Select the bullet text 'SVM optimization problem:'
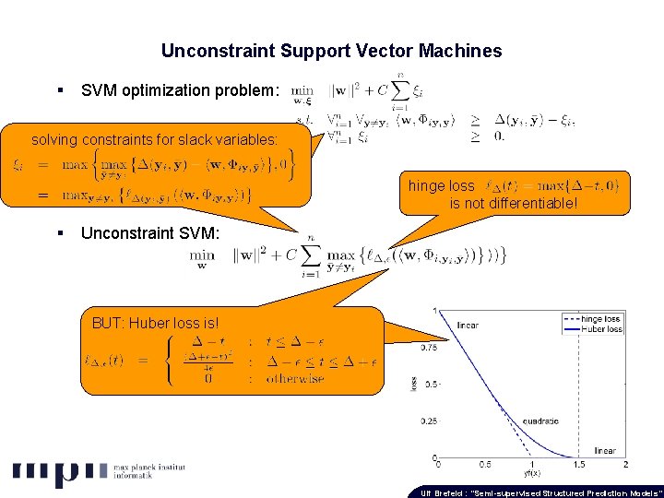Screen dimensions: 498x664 (x=179, y=90)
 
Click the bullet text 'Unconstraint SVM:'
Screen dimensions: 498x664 (x=150, y=233)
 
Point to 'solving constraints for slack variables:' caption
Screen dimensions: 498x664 (x=154, y=140)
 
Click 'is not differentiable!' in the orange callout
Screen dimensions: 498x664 (x=514, y=203)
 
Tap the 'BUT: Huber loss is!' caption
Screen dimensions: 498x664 (x=156, y=323)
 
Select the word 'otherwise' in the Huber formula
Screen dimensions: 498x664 (x=295, y=378)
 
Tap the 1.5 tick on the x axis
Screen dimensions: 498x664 (x=579, y=465)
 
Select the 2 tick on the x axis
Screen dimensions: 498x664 (x=626, y=465)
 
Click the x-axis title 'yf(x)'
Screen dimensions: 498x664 (x=532, y=473)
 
